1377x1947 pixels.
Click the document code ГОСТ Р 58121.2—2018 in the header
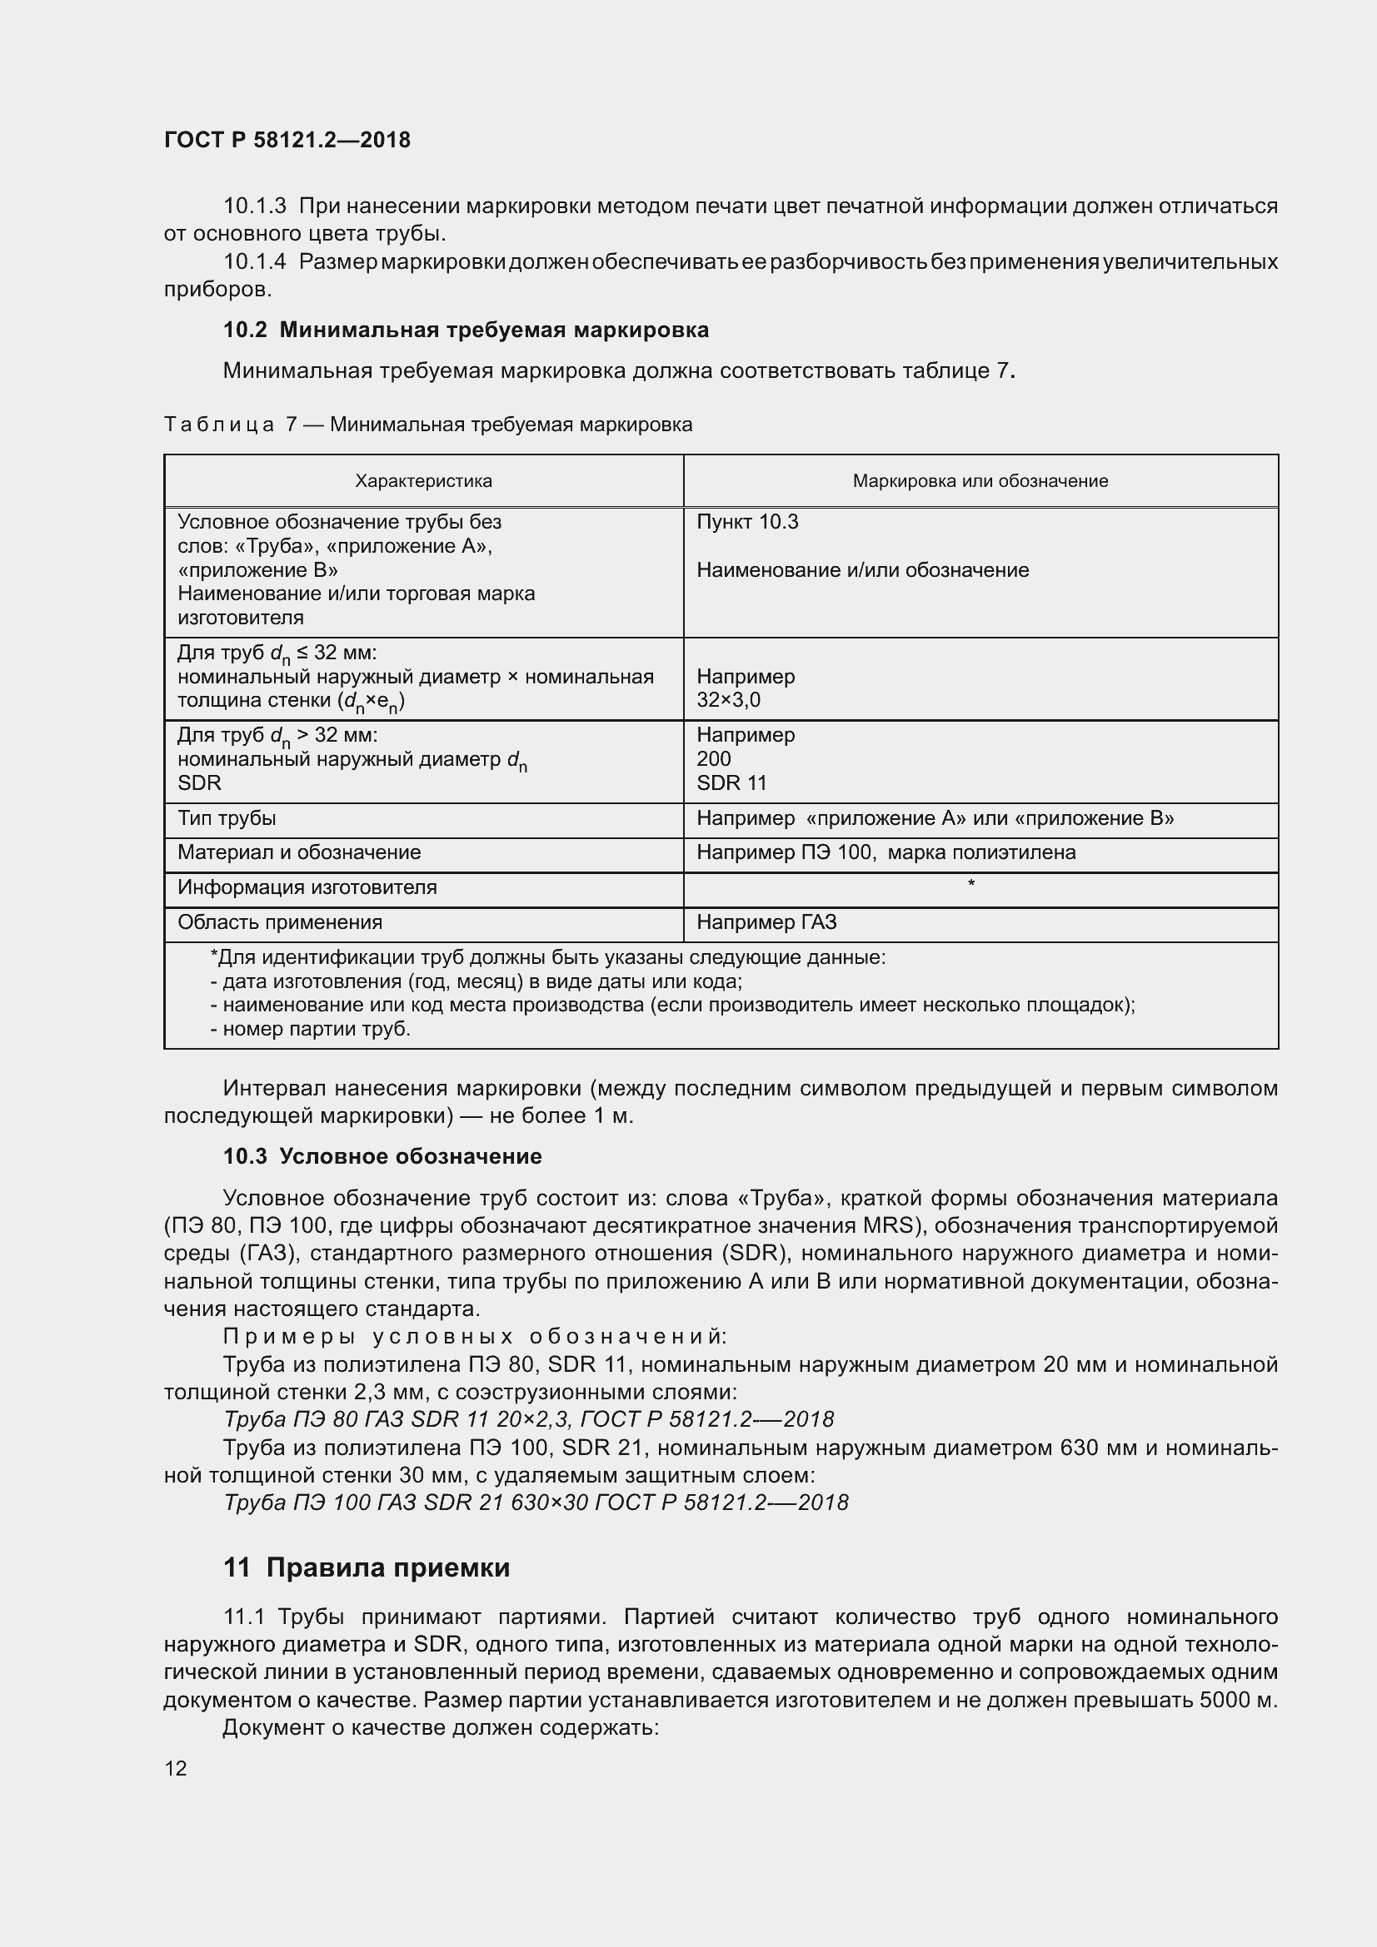(287, 140)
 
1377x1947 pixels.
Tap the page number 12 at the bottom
(176, 1768)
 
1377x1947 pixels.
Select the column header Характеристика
(423, 482)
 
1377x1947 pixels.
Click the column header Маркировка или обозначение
(980, 482)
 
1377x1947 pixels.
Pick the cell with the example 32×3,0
(728, 700)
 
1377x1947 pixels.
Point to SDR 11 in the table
(731, 782)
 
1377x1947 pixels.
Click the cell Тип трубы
(227, 818)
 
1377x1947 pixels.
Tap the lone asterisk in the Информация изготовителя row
(970, 885)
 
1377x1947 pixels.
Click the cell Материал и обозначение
(299, 852)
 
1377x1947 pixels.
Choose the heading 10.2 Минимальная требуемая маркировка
(466, 330)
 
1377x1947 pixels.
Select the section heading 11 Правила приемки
(367, 1567)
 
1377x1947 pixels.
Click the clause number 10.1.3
(255, 206)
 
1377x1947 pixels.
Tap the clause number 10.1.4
(255, 262)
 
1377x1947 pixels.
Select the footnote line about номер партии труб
(311, 1029)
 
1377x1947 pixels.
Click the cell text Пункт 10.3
(746, 523)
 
